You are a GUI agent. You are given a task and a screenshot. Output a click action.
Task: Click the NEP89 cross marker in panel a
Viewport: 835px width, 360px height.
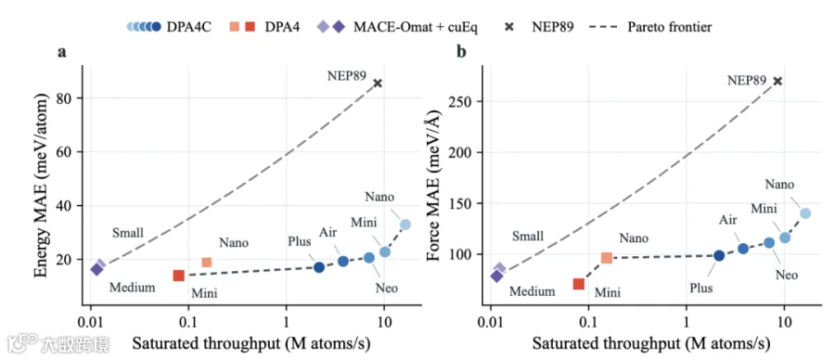pos(378,83)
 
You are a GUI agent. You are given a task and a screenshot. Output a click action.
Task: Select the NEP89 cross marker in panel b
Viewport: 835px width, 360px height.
pos(777,81)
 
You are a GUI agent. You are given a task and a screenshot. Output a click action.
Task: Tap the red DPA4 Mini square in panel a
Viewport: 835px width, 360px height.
pos(178,276)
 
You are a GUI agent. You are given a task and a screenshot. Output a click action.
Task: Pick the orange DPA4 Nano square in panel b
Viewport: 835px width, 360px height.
pos(607,258)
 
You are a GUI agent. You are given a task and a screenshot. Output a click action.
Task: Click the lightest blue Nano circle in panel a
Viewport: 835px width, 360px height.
pos(405,225)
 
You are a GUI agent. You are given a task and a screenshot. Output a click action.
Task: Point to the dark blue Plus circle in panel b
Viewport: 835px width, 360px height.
pos(719,255)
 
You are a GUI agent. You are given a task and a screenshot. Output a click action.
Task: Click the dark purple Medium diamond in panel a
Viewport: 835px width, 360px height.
pos(96,269)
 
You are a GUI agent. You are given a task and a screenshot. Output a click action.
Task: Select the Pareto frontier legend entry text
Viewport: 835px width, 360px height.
pos(669,27)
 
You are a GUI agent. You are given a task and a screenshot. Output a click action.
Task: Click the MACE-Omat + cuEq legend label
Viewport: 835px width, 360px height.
pos(416,27)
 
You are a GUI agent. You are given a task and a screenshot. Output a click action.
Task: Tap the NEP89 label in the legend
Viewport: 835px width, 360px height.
pos(553,27)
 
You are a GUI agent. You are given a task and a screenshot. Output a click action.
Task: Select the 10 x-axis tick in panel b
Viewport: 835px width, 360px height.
pos(784,323)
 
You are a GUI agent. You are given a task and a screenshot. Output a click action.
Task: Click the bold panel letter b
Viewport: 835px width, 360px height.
pos(462,52)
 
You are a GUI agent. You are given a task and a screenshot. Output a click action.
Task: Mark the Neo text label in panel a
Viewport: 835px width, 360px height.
pos(387,289)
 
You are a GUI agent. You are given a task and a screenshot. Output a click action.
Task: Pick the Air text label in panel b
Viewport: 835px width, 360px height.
pos(727,219)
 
